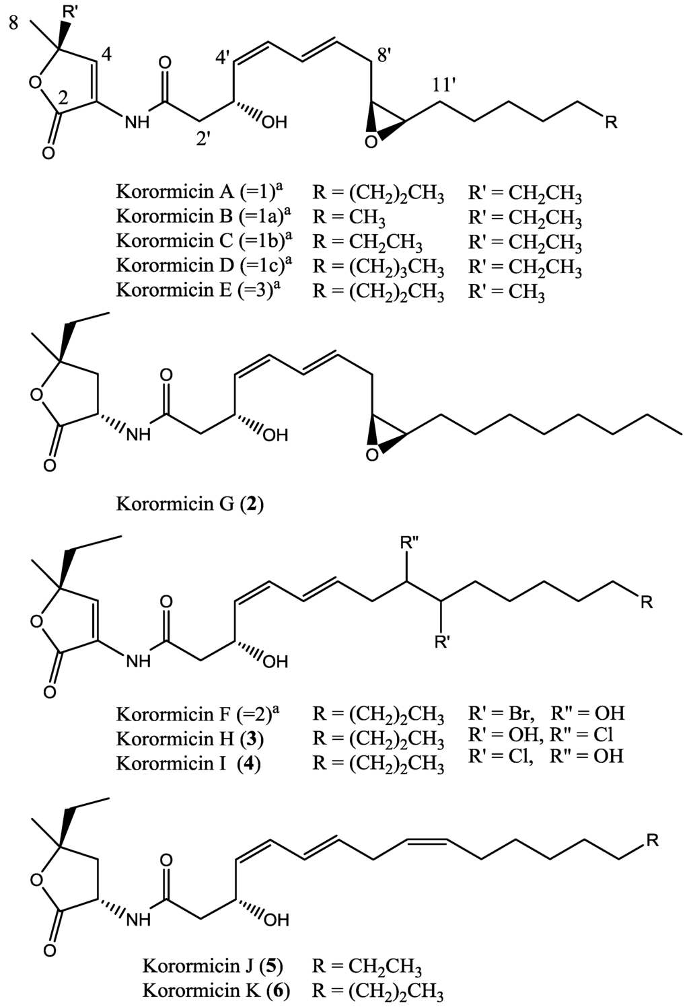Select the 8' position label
tap(386, 57)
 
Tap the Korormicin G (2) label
tap(190, 503)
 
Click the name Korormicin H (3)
tap(190, 739)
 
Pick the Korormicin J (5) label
tap(213, 967)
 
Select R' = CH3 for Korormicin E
tap(507, 292)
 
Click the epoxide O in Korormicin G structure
tap(371, 456)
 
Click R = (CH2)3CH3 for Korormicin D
tap(378, 267)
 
